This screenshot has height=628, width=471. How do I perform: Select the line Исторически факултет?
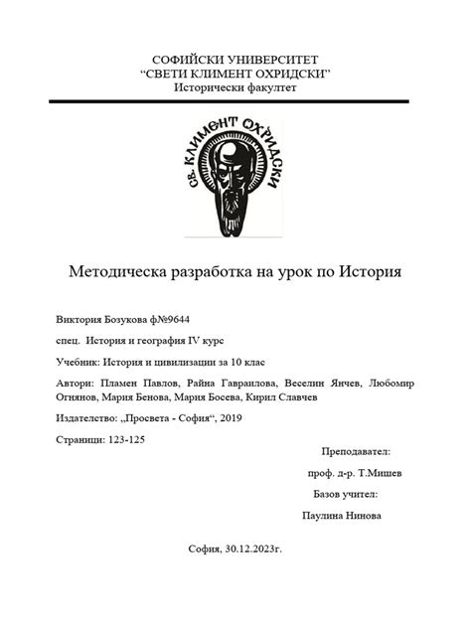235,88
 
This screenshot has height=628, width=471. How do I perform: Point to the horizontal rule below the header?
235,101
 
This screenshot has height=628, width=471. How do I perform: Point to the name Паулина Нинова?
341,516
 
